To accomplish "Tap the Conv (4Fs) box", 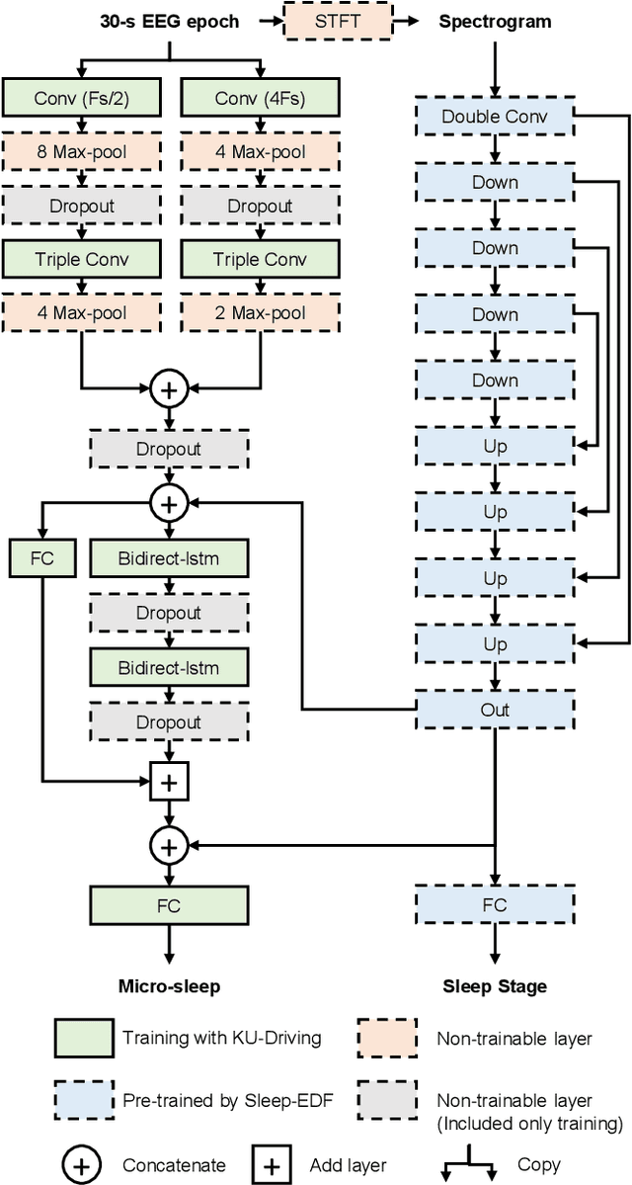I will pos(260,98).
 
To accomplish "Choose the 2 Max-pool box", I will pos(260,314).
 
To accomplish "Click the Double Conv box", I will pos(494,117).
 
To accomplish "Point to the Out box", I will pos(494,710).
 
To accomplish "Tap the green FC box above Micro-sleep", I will pos(169,904).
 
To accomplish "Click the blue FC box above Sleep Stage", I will pos(494,904).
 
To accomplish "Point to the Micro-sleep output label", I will pos(169,985).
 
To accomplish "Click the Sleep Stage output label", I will pos(494,985).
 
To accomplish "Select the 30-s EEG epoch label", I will pos(169,21).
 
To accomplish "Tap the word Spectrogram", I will pos(494,21).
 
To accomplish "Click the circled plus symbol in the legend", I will pos(81,1165).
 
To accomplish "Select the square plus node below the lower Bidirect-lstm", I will pos(169,783).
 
